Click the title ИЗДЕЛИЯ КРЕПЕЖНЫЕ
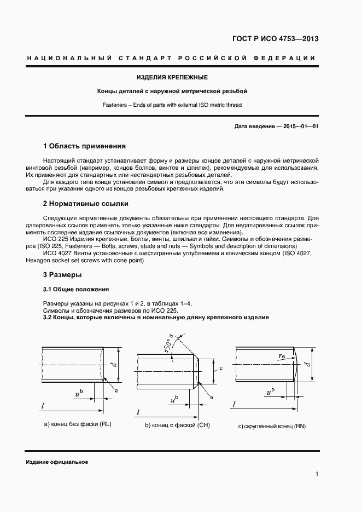coord(172,77)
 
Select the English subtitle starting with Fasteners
coord(172,104)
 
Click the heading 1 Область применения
coord(84,146)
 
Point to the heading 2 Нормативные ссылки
coord(85,204)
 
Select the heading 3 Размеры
coord(62,274)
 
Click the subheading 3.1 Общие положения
coord(75,289)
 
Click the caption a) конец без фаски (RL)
coord(77,424)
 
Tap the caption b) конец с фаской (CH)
coord(177,425)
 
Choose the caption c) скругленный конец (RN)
coord(271,425)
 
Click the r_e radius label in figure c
coord(282,355)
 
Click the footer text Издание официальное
coord(57,462)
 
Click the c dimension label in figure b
coord(219,369)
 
